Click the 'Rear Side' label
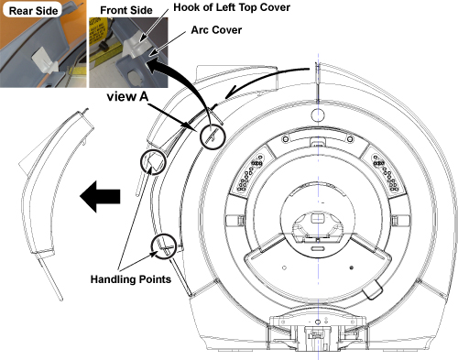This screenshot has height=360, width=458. pyautogui.click(x=33, y=11)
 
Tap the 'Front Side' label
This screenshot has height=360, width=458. pyautogui.click(x=126, y=10)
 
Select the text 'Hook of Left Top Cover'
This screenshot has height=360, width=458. pyautogui.click(x=232, y=7)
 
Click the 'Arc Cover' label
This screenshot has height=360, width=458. pyautogui.click(x=216, y=30)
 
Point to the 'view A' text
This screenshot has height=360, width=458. pyautogui.click(x=127, y=96)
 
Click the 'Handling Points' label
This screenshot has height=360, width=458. pyautogui.click(x=131, y=279)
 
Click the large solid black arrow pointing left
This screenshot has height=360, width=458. pyautogui.click(x=100, y=196)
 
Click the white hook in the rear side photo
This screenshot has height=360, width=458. pyautogui.click(x=45, y=63)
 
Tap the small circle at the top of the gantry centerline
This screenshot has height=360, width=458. pyautogui.click(x=318, y=115)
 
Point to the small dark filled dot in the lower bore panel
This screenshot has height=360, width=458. pyautogui.click(x=351, y=267)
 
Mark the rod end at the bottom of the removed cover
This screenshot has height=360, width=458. pyautogui.click(x=60, y=299)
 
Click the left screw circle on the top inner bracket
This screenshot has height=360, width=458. pyautogui.click(x=286, y=139)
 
